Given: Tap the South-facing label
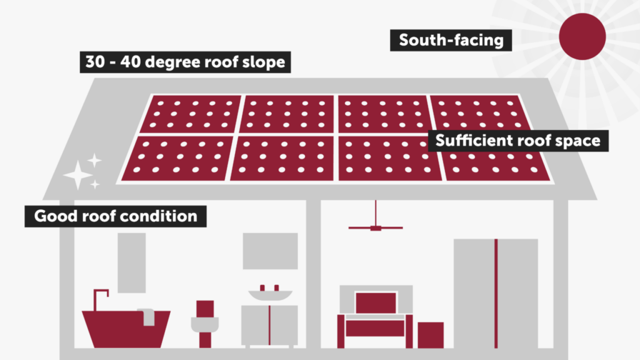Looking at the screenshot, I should (x=451, y=41).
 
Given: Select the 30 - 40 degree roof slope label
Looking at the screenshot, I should (x=185, y=62).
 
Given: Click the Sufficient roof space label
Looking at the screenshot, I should (x=517, y=140).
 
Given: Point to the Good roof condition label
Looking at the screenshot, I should (x=116, y=216).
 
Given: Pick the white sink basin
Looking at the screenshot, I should (x=270, y=294).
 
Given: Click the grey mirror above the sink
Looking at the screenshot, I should (x=270, y=251).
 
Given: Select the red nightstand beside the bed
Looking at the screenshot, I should (x=431, y=334).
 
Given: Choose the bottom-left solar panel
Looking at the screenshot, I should (x=177, y=159).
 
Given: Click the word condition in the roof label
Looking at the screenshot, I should (x=166, y=216).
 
